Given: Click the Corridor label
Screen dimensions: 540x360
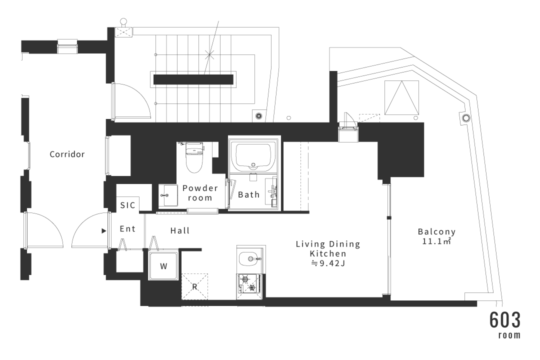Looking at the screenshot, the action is pyautogui.click(x=67, y=154).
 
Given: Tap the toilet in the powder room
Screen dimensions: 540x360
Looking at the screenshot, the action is pyautogui.click(x=194, y=157).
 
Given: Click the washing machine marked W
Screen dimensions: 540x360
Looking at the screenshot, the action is pyautogui.click(x=163, y=265).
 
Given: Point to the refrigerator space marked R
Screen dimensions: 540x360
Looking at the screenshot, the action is pyautogui.click(x=194, y=286).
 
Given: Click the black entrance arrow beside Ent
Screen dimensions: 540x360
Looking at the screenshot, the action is pyautogui.click(x=103, y=231).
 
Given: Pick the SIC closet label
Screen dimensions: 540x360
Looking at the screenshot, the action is pyautogui.click(x=128, y=205).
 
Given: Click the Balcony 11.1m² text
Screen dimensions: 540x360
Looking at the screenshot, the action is pyautogui.click(x=436, y=236).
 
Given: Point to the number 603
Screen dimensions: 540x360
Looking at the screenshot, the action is pyautogui.click(x=505, y=320).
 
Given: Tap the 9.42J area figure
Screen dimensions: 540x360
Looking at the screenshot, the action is pyautogui.click(x=328, y=263).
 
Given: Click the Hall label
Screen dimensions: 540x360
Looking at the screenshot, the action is pyautogui.click(x=180, y=230).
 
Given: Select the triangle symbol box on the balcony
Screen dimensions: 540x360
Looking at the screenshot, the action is pyautogui.click(x=402, y=98).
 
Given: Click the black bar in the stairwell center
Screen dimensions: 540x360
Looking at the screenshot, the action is pyautogui.click(x=193, y=79).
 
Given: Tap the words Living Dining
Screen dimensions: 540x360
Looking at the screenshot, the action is pyautogui.click(x=328, y=244).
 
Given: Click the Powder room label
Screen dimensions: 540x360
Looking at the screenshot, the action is pyautogui.click(x=200, y=193).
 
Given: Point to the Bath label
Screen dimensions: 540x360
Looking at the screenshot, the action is pyautogui.click(x=248, y=194).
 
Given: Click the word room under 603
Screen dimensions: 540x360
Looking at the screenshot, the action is pyautogui.click(x=509, y=335).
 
